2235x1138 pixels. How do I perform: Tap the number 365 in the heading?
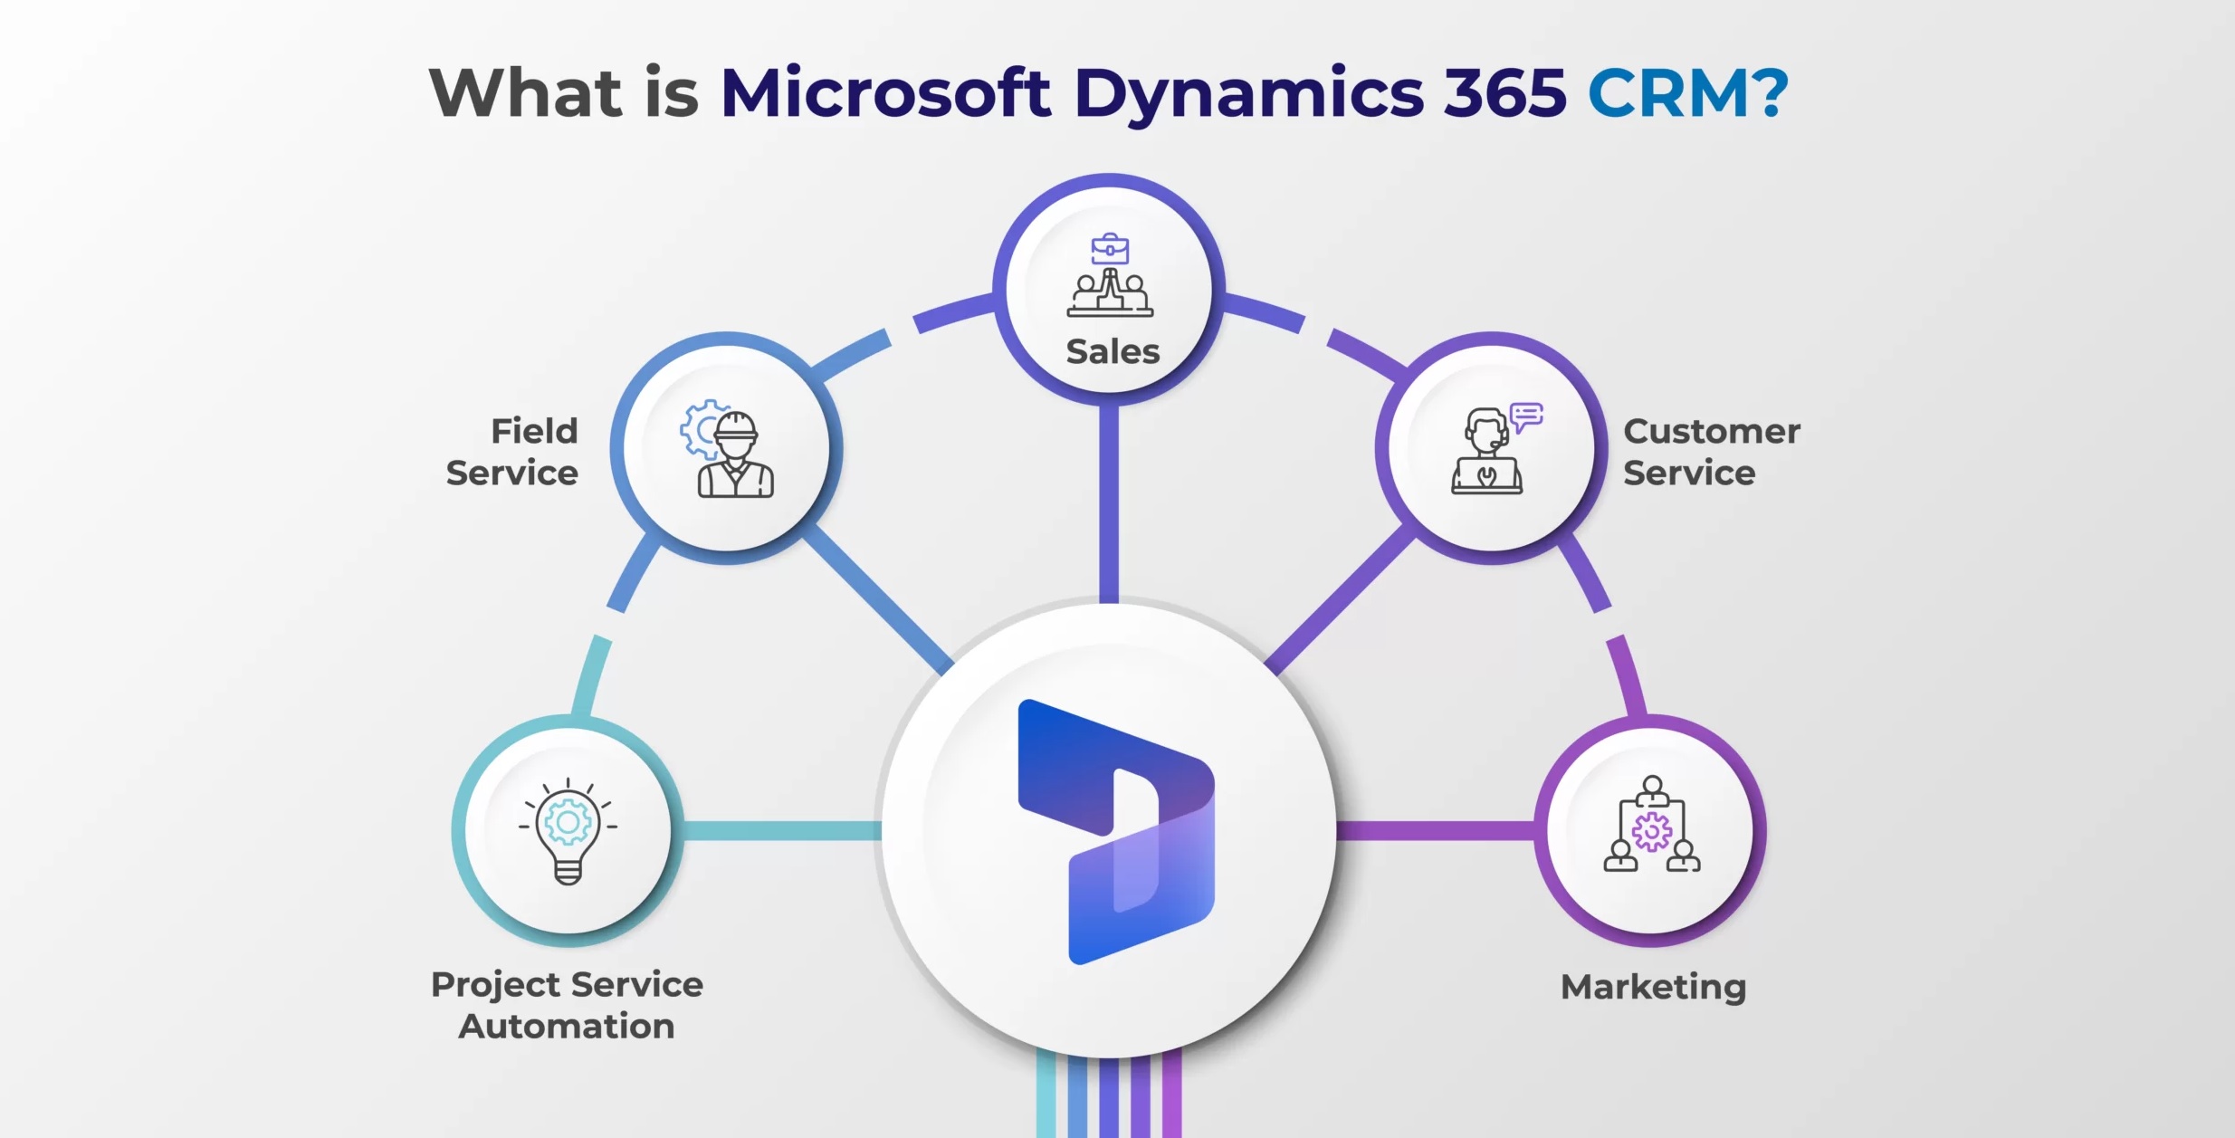pyautogui.click(x=1504, y=92)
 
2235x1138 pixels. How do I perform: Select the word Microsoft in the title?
pyautogui.click(x=885, y=92)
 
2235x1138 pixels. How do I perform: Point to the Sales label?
pyautogui.click(x=1113, y=351)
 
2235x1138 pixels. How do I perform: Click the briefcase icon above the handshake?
pyautogui.click(x=1110, y=248)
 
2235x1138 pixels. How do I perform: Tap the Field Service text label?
pyautogui.click(x=512, y=452)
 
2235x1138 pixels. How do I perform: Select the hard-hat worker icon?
pyautogui.click(x=728, y=449)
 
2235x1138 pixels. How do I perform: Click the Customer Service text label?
pyautogui.click(x=1712, y=452)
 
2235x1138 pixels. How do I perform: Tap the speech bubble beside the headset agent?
pyautogui.click(x=1526, y=417)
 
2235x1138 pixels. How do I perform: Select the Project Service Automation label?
pyautogui.click(x=568, y=1005)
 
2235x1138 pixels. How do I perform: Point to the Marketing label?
pyautogui.click(x=1654, y=987)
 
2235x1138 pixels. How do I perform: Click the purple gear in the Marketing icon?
pyautogui.click(x=1652, y=831)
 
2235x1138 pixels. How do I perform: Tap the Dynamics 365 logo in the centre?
pyautogui.click(x=1116, y=831)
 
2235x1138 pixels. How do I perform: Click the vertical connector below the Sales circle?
pyautogui.click(x=1109, y=503)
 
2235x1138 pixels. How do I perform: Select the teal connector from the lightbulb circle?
pyautogui.click(x=782, y=831)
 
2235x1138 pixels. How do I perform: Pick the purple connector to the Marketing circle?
pyautogui.click(x=1436, y=831)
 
